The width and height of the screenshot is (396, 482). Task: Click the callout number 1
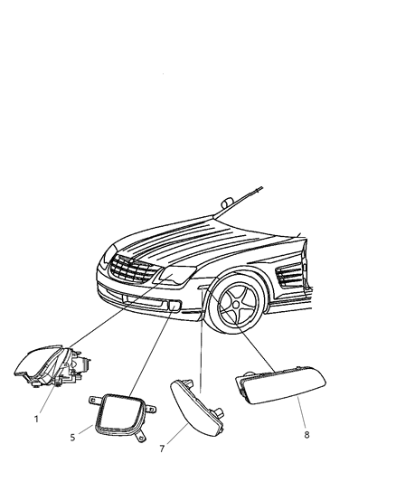click(x=37, y=420)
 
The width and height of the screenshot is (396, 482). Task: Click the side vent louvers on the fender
click(x=294, y=275)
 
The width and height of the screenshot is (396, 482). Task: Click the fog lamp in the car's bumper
click(x=172, y=307)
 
